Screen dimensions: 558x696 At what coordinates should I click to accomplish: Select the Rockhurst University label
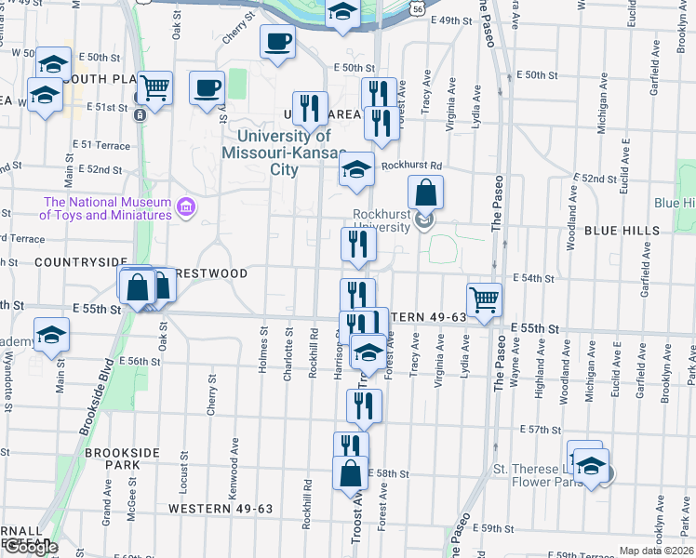coord(381,219)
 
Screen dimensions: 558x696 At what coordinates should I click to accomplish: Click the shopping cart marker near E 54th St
coord(484,299)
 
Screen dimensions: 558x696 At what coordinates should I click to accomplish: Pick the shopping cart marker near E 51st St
coord(155,87)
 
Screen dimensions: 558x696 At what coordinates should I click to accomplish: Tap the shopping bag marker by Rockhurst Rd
coord(425,193)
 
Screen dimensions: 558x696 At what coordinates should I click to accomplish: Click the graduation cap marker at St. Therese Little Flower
coord(590,468)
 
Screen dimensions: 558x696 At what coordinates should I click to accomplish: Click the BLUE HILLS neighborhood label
coord(622,230)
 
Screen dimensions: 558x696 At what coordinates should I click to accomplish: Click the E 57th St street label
coord(537,430)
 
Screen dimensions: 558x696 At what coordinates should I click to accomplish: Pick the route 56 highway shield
coord(421,6)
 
